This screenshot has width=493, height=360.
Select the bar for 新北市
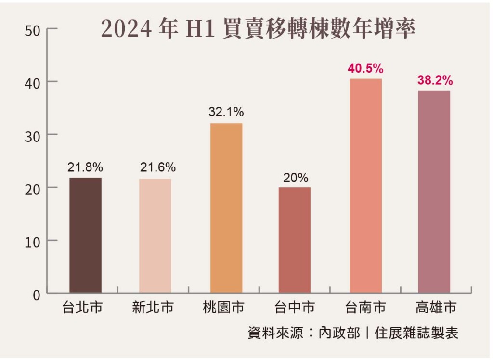pos(155,235)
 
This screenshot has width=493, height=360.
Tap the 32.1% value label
pos(226,113)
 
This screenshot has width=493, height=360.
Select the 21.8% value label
pos(85,167)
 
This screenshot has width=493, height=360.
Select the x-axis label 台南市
pos(365,308)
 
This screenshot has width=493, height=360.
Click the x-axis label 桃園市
pos(224,308)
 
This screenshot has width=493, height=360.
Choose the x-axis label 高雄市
pos(436,308)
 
